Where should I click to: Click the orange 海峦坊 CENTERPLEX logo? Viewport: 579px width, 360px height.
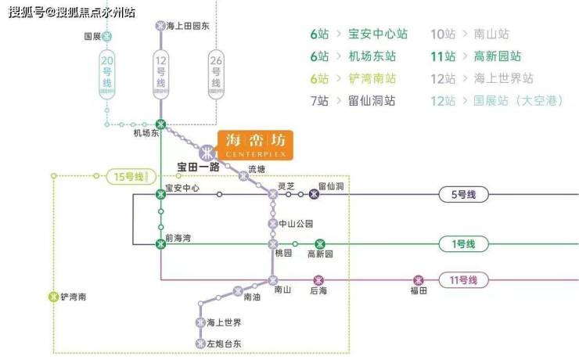coord(255,145)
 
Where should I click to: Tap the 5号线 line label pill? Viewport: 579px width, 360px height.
coord(463,194)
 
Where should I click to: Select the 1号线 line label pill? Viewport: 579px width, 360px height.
coord(463,244)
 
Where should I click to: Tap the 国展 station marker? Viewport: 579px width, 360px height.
coord(107,36)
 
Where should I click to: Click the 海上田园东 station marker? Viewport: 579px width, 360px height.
coord(161,25)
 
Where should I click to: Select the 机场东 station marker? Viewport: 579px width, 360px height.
coord(161,124)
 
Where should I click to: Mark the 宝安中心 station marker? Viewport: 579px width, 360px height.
coord(161,194)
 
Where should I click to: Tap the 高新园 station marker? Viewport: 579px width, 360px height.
coord(319,244)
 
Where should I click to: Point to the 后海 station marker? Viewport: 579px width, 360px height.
coord(318,279)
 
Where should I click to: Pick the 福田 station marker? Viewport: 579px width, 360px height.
coord(419,279)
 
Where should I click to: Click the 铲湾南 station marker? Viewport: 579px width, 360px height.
coord(53,297)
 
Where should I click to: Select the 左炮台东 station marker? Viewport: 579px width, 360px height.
coord(200,343)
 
